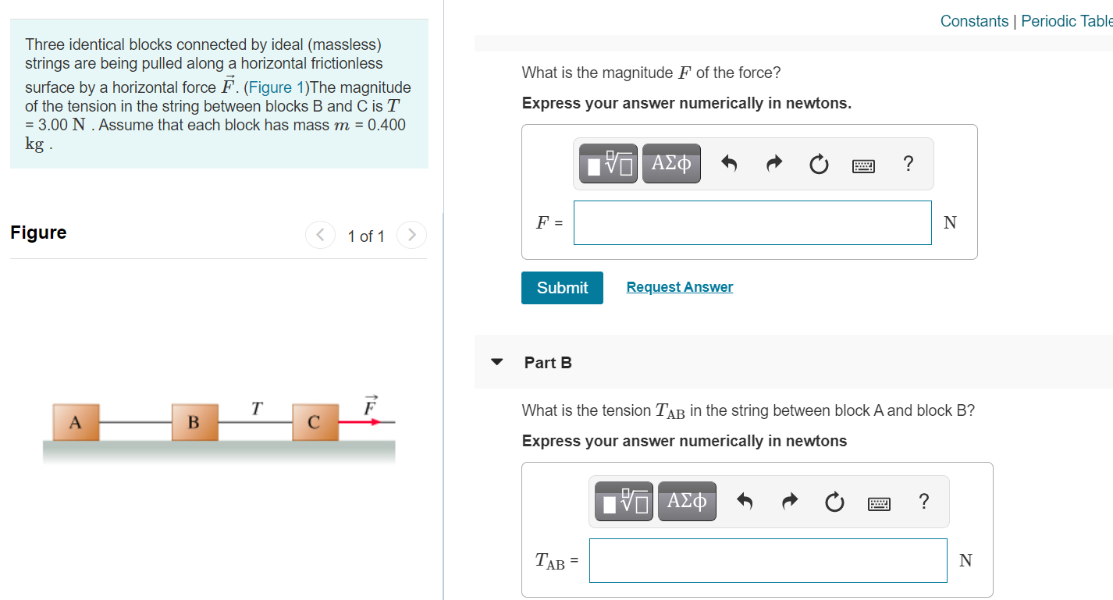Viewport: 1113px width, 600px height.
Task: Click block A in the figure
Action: [x=76, y=422]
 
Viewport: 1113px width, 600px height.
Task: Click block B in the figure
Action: [x=194, y=422]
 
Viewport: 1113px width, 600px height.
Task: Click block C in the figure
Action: [x=315, y=422]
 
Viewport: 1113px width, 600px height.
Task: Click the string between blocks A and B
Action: [x=136, y=422]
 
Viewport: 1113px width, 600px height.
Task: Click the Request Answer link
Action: [x=679, y=287]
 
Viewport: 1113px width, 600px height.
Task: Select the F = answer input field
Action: [x=752, y=222]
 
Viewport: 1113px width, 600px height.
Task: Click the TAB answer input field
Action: [x=767, y=560]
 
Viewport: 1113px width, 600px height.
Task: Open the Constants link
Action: [x=974, y=21]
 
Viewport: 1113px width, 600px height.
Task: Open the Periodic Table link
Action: [x=1066, y=21]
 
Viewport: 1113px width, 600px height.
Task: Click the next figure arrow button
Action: [x=411, y=234]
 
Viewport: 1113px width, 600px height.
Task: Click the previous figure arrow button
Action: [x=320, y=234]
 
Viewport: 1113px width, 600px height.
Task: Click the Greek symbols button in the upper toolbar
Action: [x=671, y=164]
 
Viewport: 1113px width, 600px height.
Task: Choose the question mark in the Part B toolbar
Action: [x=923, y=502]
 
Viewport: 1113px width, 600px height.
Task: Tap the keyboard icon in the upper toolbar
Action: [x=863, y=165]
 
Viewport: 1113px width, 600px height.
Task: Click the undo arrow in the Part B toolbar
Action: [x=745, y=502]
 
